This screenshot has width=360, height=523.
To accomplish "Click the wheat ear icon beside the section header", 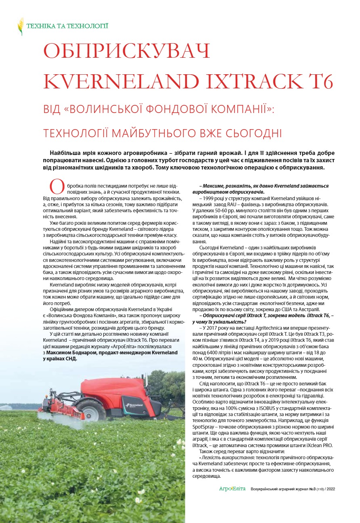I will coord(21,26).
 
